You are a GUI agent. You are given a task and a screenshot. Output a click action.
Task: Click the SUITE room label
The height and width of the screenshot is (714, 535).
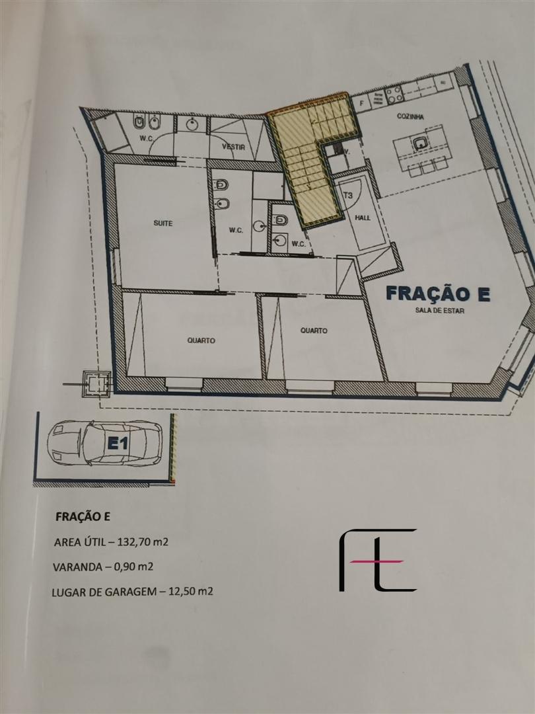pyautogui.click(x=163, y=223)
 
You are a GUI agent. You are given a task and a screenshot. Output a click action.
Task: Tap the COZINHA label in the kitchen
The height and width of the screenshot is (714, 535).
pyautogui.click(x=410, y=116)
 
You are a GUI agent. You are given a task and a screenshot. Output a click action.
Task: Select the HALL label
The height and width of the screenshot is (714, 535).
pyautogui.click(x=363, y=218)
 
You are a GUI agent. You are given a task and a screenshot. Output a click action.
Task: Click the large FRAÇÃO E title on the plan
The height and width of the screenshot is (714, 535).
pyautogui.click(x=438, y=294)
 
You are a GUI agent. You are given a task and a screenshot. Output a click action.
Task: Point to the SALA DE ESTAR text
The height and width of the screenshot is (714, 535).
pyautogui.click(x=439, y=311)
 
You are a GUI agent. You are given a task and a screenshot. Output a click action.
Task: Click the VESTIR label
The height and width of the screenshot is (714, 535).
pyautogui.click(x=233, y=147)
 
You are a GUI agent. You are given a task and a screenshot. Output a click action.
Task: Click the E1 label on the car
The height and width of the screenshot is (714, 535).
pyautogui.click(x=118, y=443)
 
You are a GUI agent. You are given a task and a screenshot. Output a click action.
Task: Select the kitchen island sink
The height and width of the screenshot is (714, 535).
pyautogui.click(x=419, y=144)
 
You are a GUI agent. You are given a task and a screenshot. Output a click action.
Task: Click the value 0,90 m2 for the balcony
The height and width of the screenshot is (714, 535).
pyautogui.click(x=132, y=567)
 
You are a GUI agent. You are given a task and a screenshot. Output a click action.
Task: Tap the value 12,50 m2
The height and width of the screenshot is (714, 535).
pyautogui.click(x=191, y=592)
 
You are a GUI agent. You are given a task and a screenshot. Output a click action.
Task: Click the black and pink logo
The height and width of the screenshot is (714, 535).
pyautogui.click(x=378, y=560)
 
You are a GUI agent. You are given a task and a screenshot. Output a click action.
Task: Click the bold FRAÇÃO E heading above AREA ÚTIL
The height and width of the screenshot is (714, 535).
pyautogui.click(x=83, y=517)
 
